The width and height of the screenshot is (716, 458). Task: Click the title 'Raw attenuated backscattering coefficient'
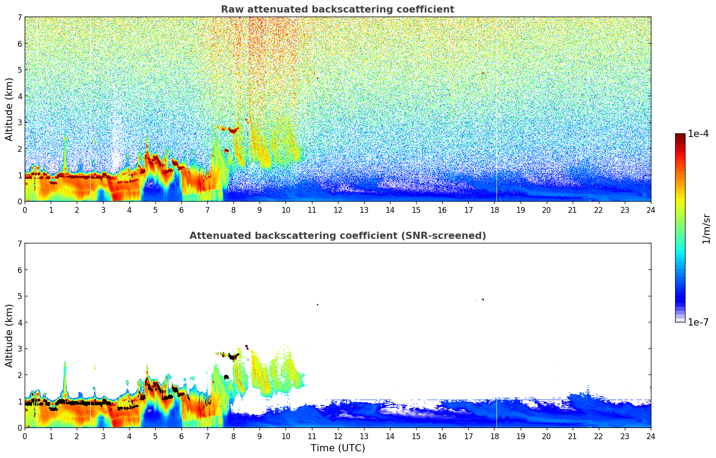[337, 9]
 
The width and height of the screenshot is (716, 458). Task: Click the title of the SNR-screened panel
[337, 236]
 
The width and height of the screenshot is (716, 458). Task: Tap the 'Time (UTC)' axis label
[338, 448]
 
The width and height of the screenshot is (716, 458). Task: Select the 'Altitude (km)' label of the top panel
[9, 109]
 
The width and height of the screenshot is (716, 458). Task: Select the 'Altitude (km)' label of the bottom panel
[9, 335]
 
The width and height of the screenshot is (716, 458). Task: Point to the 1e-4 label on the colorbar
[698, 134]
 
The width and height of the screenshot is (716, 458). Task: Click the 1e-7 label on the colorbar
[698, 322]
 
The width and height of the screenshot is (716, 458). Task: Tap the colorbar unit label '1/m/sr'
[706, 229]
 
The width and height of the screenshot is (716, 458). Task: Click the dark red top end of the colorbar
[680, 136]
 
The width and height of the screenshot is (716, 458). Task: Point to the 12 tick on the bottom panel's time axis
[338, 436]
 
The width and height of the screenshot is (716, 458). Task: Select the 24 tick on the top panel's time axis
[650, 210]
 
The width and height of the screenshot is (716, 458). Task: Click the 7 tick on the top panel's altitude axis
[20, 18]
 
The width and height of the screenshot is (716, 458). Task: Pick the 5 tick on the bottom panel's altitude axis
[20, 296]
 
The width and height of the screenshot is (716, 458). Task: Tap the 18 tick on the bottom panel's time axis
[494, 436]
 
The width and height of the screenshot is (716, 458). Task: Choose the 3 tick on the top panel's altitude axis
[20, 123]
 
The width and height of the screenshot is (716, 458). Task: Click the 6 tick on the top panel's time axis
[181, 210]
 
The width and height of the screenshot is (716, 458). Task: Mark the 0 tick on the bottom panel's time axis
[25, 436]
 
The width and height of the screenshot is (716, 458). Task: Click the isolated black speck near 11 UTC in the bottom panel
[317, 305]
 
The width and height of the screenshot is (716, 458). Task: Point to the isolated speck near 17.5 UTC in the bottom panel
[483, 299]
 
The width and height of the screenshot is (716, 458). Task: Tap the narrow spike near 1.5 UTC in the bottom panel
[65, 373]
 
